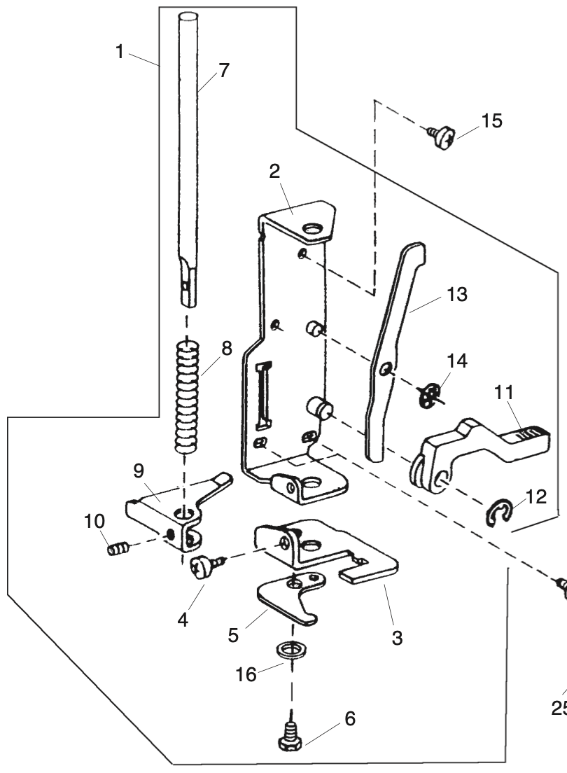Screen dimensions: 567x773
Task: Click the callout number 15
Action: point(491,120)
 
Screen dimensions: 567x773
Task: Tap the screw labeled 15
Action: point(440,135)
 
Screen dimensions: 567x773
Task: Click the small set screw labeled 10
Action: point(118,548)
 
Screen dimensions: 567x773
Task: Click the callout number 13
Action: point(456,294)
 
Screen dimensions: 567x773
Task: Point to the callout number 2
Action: point(274,171)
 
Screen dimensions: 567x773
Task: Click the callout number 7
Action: point(224,71)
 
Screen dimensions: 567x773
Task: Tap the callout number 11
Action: point(503,393)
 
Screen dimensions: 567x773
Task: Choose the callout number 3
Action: point(397,637)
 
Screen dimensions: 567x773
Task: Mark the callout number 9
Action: point(139,471)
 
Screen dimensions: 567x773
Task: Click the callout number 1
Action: point(119,51)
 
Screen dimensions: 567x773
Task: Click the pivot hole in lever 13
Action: point(386,368)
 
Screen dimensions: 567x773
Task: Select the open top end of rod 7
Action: point(187,18)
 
